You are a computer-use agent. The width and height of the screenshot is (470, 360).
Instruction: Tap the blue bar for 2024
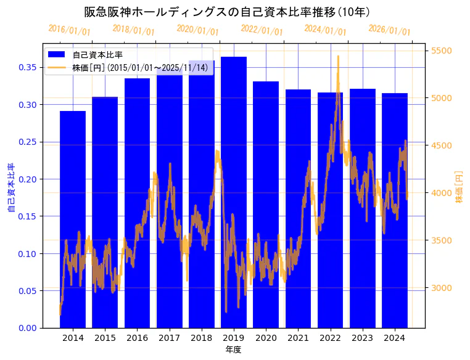(395, 210)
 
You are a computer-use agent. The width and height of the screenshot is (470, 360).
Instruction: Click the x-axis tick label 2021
(298, 338)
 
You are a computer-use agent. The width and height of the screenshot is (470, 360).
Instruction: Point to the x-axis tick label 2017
(169, 338)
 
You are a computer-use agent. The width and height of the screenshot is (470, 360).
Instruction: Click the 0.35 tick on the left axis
(28, 67)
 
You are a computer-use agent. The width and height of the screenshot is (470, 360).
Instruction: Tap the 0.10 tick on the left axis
(28, 253)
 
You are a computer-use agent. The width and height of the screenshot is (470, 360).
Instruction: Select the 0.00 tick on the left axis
(28, 328)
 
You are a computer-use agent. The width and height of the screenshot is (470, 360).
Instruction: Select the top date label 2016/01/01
(69, 30)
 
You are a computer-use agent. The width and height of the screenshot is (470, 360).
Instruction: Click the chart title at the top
(227, 12)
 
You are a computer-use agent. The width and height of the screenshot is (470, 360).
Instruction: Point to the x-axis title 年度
(233, 350)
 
